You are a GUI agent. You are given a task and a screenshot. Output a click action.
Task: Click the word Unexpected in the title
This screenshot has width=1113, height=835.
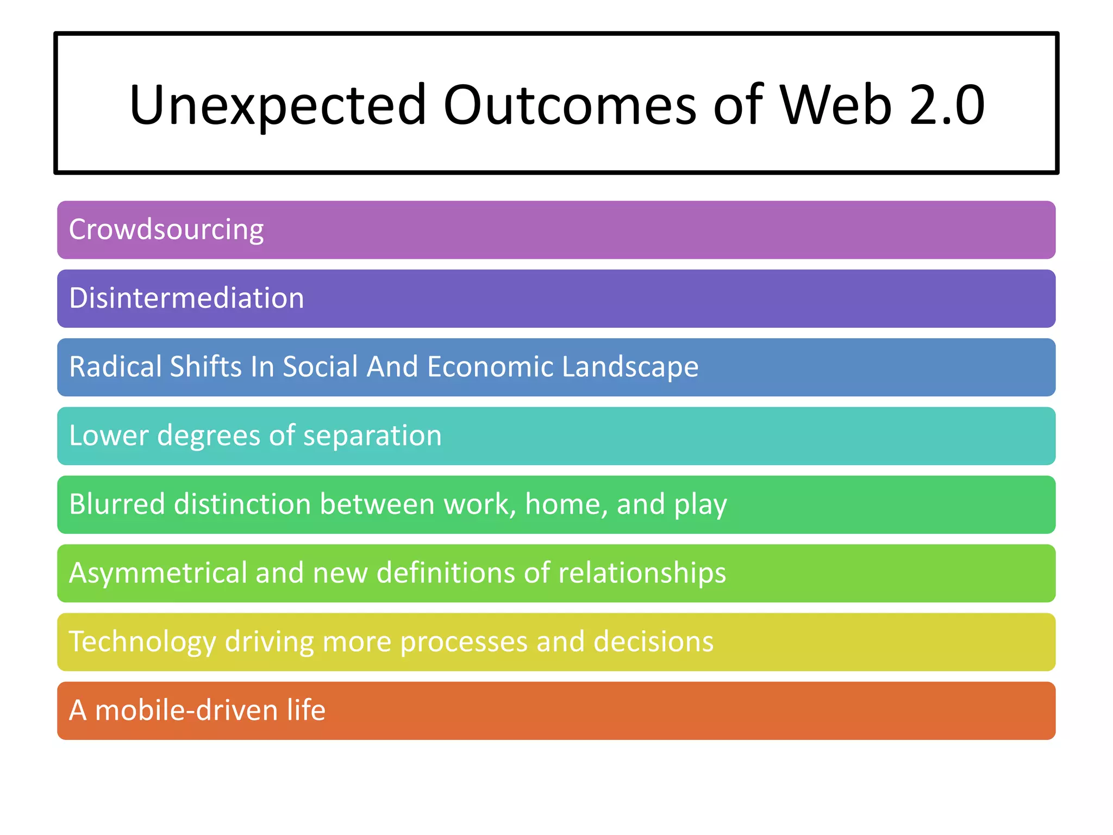(x=278, y=105)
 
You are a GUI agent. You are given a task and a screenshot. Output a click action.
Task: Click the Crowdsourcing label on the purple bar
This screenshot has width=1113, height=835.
(x=166, y=230)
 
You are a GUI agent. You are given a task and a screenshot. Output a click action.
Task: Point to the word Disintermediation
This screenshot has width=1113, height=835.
(x=186, y=298)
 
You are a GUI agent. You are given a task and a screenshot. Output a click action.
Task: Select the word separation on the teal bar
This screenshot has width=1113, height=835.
(x=372, y=437)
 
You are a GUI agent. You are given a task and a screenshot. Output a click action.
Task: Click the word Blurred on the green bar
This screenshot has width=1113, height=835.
(x=117, y=504)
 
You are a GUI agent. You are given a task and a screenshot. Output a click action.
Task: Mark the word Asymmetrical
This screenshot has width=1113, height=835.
(x=158, y=574)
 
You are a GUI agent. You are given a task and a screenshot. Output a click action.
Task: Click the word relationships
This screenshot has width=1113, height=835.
(x=642, y=574)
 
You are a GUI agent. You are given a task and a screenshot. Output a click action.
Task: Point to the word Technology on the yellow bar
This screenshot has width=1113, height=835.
(x=142, y=643)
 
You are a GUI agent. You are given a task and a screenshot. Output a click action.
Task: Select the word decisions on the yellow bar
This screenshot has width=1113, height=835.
(x=653, y=642)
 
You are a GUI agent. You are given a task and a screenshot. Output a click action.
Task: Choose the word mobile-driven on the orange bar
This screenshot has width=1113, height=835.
(x=186, y=711)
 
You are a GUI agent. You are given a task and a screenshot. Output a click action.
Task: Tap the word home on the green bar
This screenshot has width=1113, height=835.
(x=566, y=504)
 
